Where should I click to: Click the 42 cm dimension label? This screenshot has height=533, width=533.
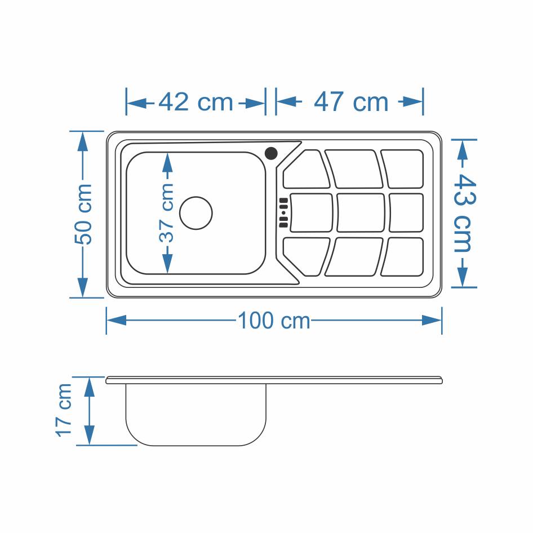[196, 101]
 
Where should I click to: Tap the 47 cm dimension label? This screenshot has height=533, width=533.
[351, 101]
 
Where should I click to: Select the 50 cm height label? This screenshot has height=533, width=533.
[83, 214]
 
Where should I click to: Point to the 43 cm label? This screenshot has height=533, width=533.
[464, 213]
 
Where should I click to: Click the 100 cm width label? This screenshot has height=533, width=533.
[274, 320]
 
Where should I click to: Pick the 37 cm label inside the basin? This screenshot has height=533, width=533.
[167, 213]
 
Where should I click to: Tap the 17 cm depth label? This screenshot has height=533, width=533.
[64, 410]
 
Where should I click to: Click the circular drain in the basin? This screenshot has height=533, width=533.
[196, 213]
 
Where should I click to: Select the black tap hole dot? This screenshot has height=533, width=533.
[271, 153]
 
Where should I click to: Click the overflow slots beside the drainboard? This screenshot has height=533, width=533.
[283, 213]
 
